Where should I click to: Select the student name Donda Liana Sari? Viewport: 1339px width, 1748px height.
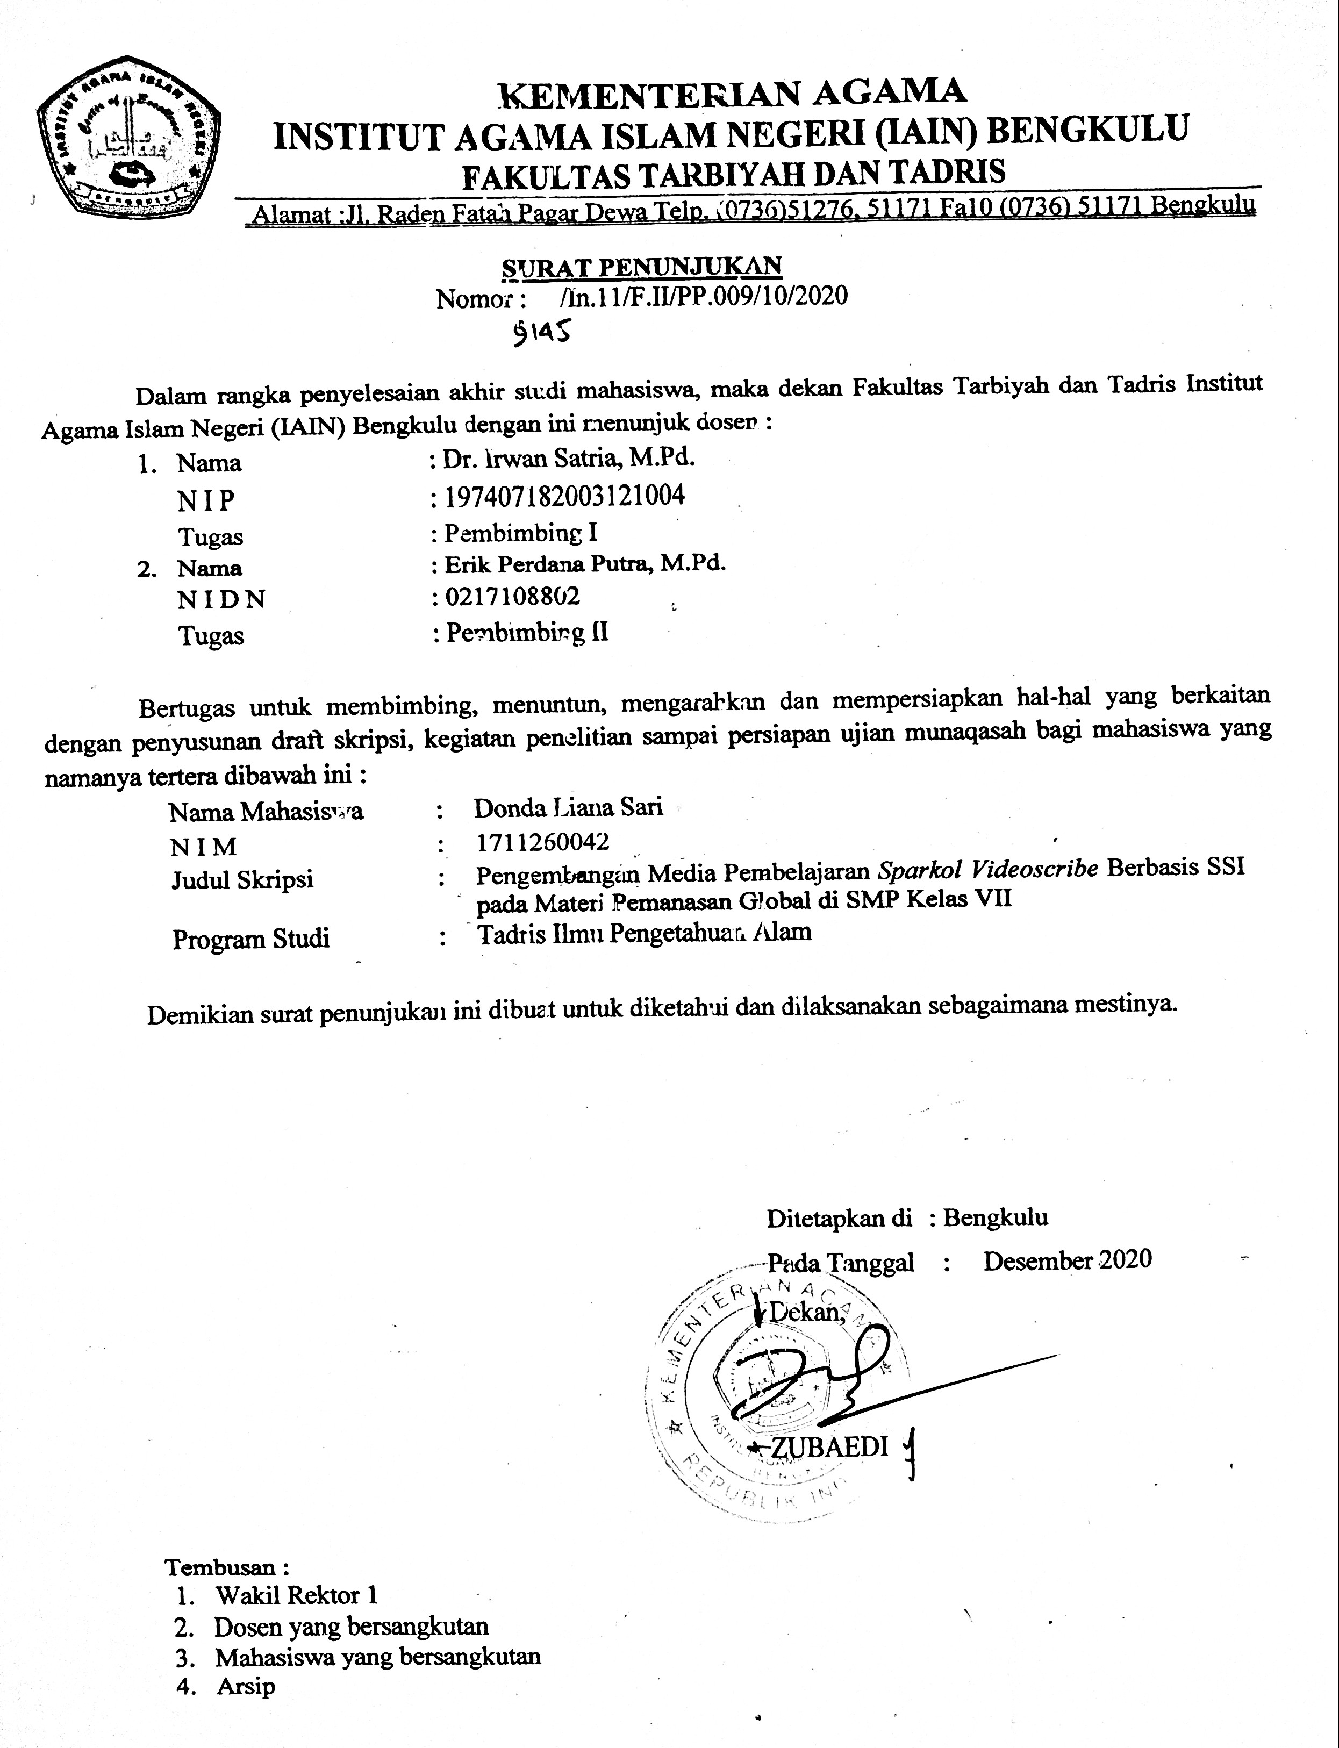(x=568, y=807)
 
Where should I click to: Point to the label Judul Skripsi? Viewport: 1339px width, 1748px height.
(x=242, y=880)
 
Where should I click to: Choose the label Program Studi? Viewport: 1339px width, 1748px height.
(x=251, y=938)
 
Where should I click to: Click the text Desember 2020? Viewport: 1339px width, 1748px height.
(x=1067, y=1260)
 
